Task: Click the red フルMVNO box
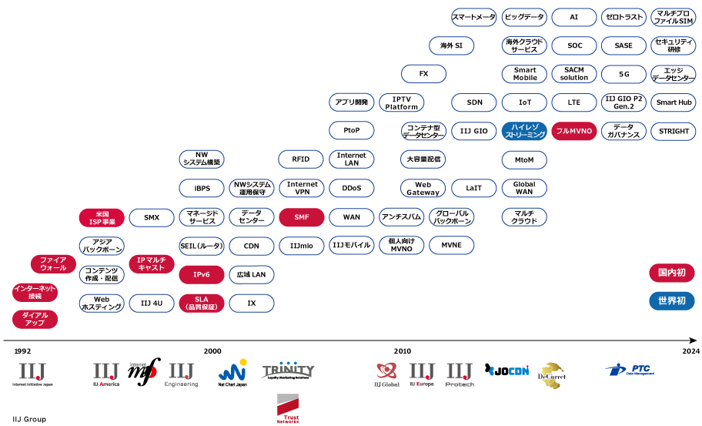pyautogui.click(x=574, y=131)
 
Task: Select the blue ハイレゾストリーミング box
pyautogui.click(x=524, y=131)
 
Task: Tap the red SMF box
pyautogui.click(x=302, y=218)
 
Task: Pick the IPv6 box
pyautogui.click(x=202, y=274)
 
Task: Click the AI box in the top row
pyautogui.click(x=574, y=17)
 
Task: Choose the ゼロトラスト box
pyautogui.click(x=623, y=17)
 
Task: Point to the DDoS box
pyautogui.click(x=351, y=188)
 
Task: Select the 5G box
pyautogui.click(x=623, y=74)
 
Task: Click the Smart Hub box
pyautogui.click(x=674, y=102)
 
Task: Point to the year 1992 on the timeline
pyautogui.click(x=22, y=351)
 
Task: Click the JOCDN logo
pyautogui.click(x=507, y=371)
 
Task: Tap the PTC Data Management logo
pyautogui.click(x=630, y=370)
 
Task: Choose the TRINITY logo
pyautogui.click(x=288, y=371)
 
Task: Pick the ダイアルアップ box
pyautogui.click(x=35, y=319)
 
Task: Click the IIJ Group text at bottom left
pyautogui.click(x=29, y=419)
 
